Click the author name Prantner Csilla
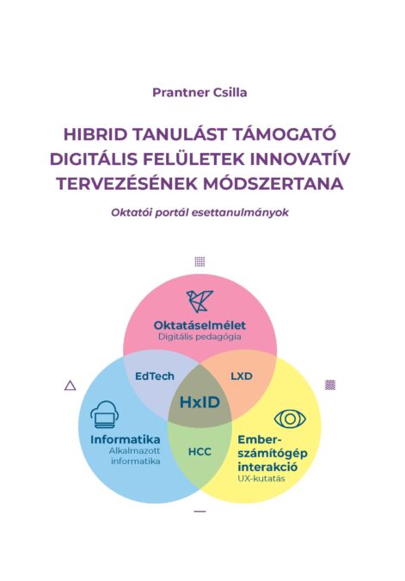point(199,93)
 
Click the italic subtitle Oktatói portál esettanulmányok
point(199,213)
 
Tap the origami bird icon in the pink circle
point(199,301)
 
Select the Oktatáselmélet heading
point(199,326)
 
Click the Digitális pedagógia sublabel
point(199,337)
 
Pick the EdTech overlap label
point(155,376)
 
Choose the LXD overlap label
point(242,376)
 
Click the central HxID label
point(199,402)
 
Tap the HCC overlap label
point(199,452)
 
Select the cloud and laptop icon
point(105,415)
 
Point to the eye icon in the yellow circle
point(290,419)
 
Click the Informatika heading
point(126,440)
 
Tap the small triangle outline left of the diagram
point(71,386)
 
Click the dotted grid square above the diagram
point(199,261)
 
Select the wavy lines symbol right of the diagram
point(330,385)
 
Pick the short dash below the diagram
point(199,511)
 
